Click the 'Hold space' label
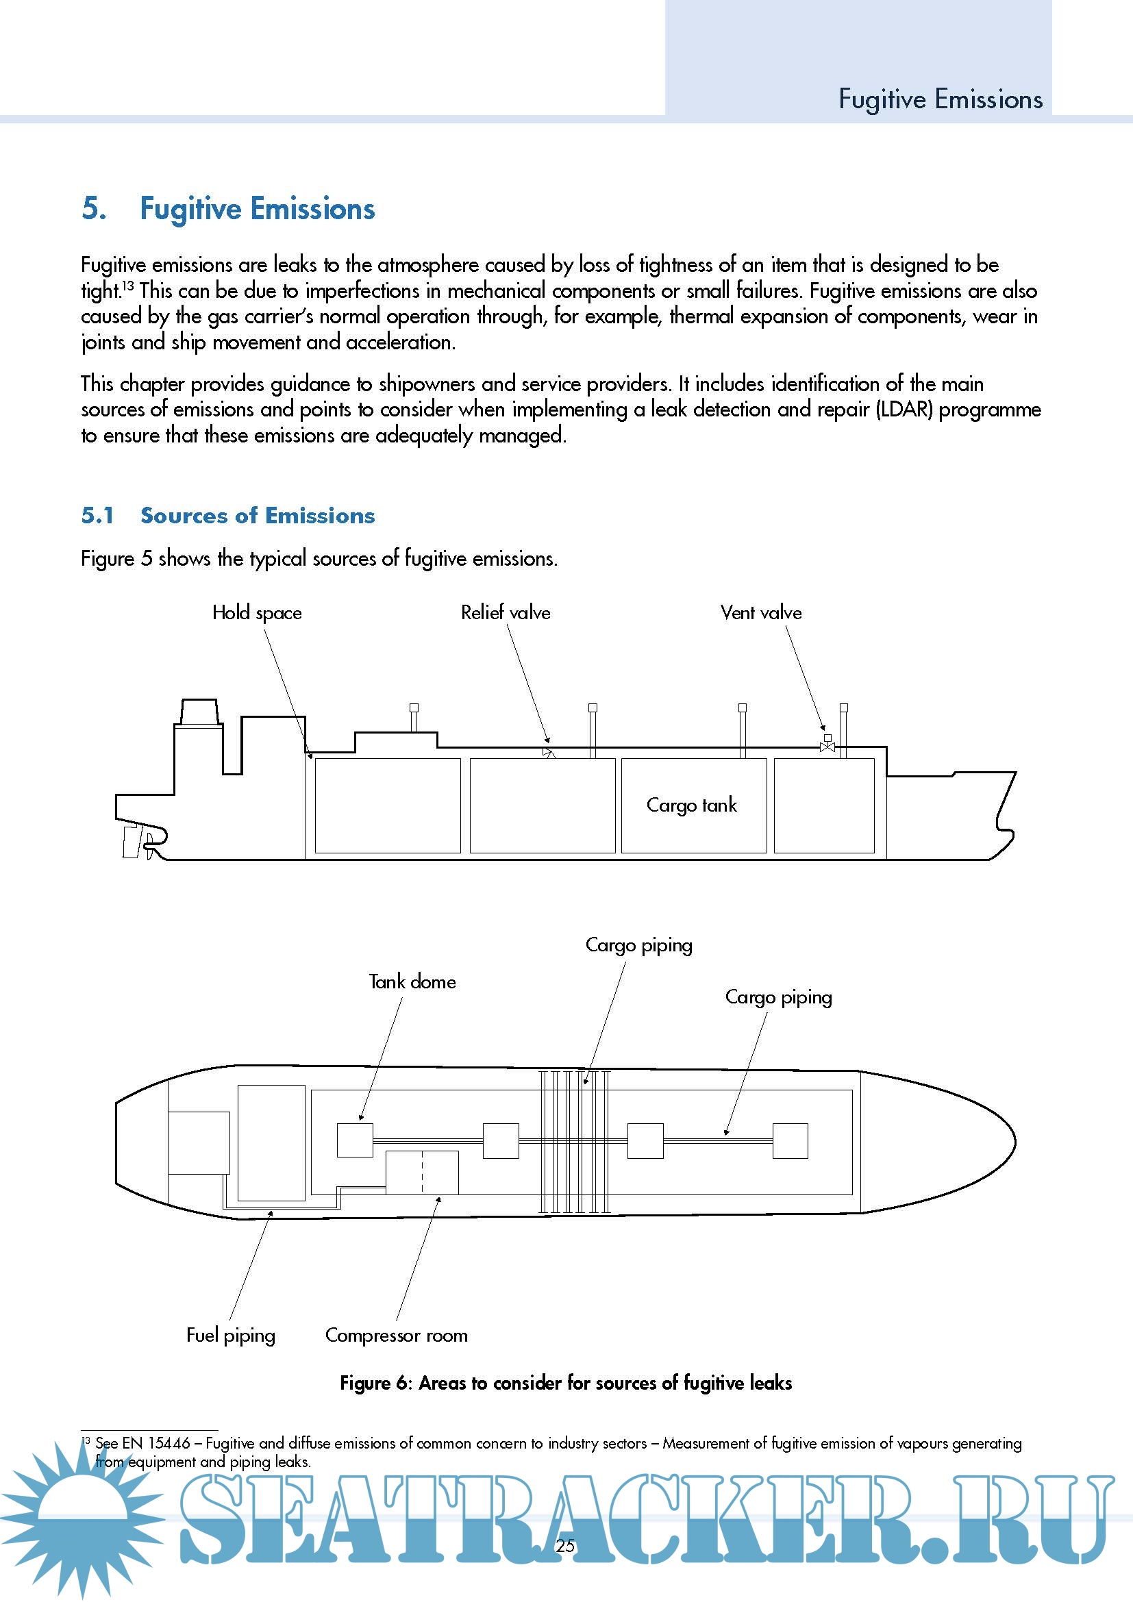pos(257,612)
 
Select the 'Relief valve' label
pos(505,612)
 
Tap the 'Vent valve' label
pos(760,612)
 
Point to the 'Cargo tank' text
pos(691,805)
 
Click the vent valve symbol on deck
pos(827,746)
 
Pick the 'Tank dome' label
pos(412,981)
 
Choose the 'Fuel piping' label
pos(230,1335)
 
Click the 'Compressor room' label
pos(396,1335)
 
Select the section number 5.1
pos(98,516)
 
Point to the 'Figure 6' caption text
pos(566,1383)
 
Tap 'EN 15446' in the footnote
pos(156,1443)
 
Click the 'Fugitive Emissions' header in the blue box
pos(940,99)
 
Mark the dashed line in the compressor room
pos(422,1172)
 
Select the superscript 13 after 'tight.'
pos(127,286)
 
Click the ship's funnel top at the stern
pos(199,711)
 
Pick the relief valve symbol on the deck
pos(549,753)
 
